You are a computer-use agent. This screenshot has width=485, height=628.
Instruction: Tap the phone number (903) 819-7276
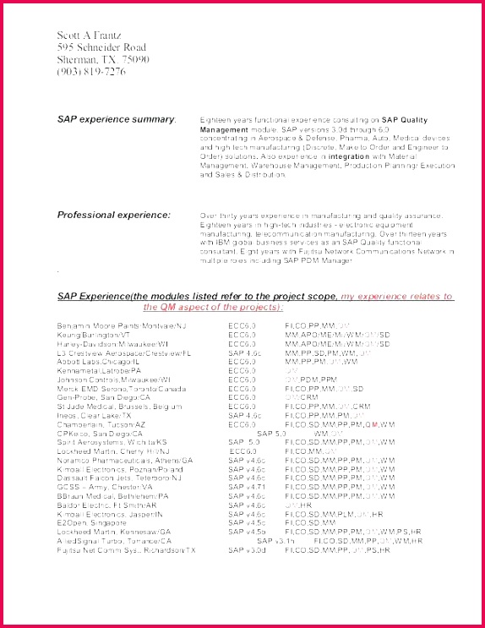pos(91,72)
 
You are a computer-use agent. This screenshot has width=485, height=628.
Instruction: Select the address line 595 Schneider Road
pos(101,48)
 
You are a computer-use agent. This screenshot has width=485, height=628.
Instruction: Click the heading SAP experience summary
pos(116,120)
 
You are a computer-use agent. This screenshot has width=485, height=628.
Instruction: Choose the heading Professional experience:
pos(113,216)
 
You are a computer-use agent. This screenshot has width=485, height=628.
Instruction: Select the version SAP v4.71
pos(246,487)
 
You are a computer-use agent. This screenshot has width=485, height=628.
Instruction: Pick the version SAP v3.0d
pos(247,549)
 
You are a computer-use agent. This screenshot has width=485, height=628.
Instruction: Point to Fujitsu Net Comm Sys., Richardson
pos(126,549)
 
